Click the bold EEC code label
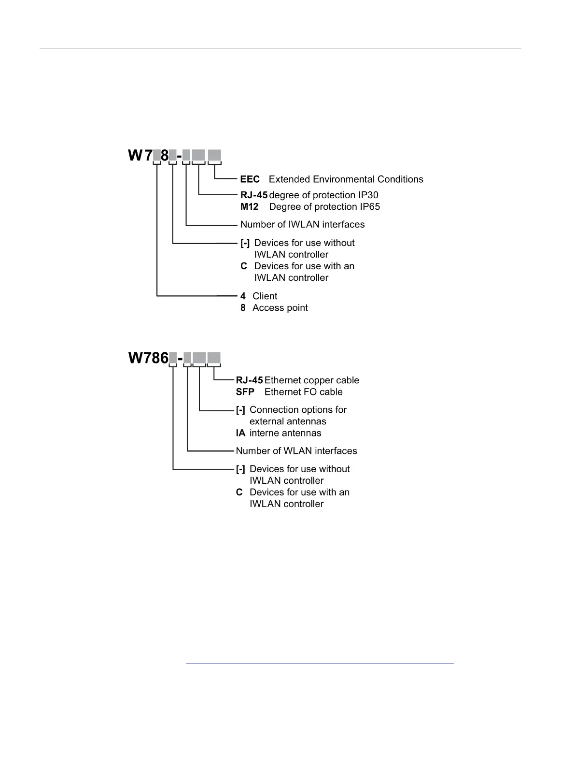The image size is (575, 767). (x=250, y=179)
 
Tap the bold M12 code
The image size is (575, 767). (x=249, y=207)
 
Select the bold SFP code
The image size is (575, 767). (x=245, y=392)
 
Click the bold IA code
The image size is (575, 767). (x=240, y=433)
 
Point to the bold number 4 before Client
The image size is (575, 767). (x=243, y=296)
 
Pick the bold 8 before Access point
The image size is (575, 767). (x=243, y=308)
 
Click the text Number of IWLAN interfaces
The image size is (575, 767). (x=302, y=224)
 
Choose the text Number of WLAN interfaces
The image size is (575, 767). (x=296, y=451)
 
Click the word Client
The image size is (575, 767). (x=265, y=296)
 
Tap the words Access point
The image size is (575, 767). (x=280, y=308)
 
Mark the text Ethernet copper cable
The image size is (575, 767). (x=311, y=380)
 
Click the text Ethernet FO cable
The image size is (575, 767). (x=303, y=392)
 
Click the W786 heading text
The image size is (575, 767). (x=148, y=358)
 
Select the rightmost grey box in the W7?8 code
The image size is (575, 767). (x=214, y=156)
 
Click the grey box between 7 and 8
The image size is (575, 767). (x=156, y=156)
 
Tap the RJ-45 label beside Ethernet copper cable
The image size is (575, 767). (x=249, y=380)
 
